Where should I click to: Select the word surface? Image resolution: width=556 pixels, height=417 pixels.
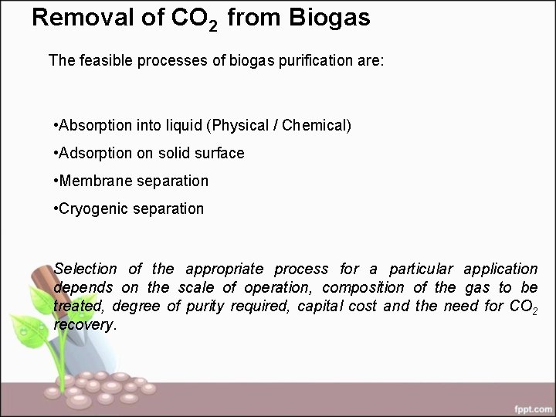coord(219,153)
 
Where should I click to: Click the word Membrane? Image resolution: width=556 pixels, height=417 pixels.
coord(93,181)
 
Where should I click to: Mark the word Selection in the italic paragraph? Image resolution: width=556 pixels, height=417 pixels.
coord(86,269)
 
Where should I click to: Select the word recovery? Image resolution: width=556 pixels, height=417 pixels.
coord(83,324)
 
